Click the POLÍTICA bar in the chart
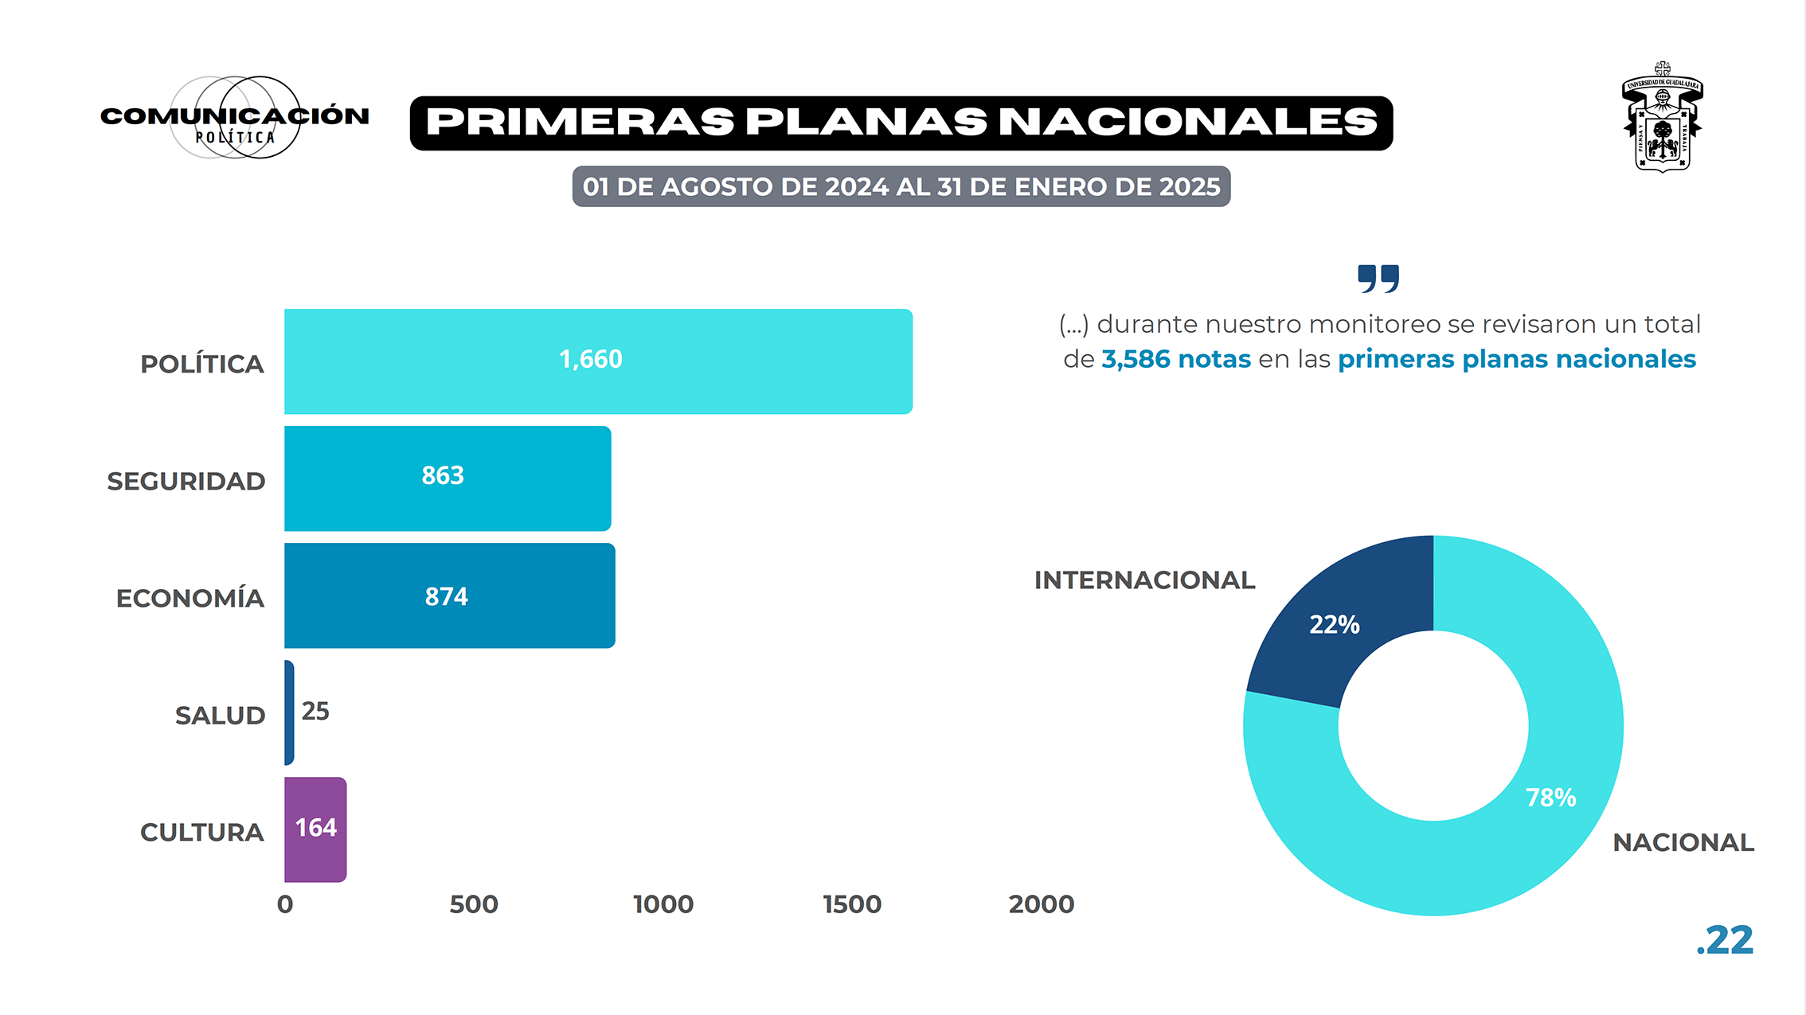tap(597, 361)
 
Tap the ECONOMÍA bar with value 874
tap(449, 595)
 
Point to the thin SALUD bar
tap(289, 712)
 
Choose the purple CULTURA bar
tap(315, 830)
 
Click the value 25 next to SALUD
tap(315, 711)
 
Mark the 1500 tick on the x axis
tap(852, 904)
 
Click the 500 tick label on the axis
tap(474, 904)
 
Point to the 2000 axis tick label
tap(1041, 904)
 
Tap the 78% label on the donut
tap(1550, 798)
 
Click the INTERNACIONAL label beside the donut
tap(1144, 580)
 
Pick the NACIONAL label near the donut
tap(1683, 842)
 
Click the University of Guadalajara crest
tap(1663, 118)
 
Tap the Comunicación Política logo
tap(235, 118)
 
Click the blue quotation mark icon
tap(1378, 279)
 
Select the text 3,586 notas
tap(1176, 359)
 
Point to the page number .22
tap(1725, 941)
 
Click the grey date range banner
tap(901, 186)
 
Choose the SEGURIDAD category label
tap(186, 482)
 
